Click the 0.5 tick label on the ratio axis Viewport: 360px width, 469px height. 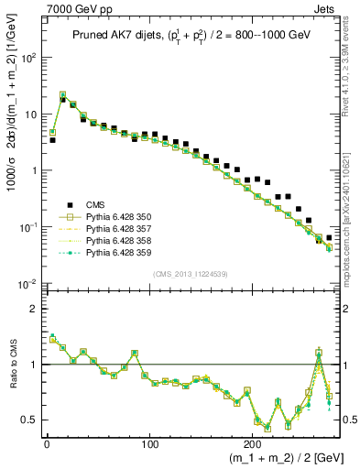coord(28,420)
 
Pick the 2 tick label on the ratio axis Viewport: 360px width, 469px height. coord(33,309)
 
